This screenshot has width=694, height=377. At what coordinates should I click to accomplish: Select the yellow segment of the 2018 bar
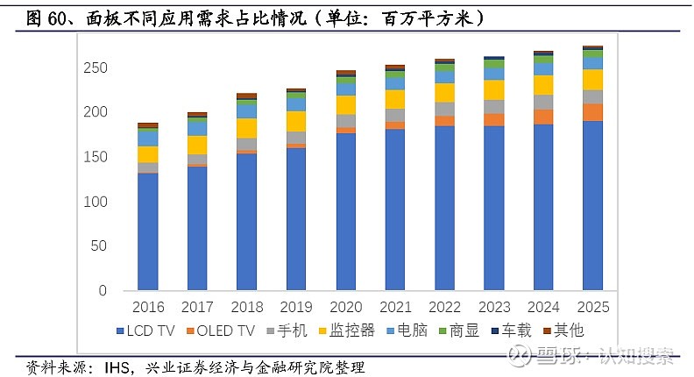[247, 128]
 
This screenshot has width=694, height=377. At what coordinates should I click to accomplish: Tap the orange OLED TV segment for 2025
[593, 112]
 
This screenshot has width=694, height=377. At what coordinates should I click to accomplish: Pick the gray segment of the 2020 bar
[346, 121]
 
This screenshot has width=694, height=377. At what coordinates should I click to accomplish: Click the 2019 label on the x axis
[296, 308]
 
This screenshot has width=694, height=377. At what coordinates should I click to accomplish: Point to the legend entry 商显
[463, 331]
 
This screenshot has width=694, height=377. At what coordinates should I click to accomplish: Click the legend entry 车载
[516, 331]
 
